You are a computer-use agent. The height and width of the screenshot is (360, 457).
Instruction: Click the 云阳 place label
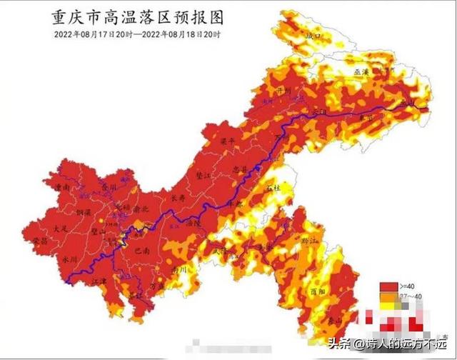[318, 113]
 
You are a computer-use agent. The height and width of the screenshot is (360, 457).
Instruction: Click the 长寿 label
[179, 199]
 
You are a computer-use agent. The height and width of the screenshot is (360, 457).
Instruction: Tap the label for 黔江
[311, 241]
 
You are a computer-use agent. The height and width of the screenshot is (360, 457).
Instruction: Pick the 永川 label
[69, 259]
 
